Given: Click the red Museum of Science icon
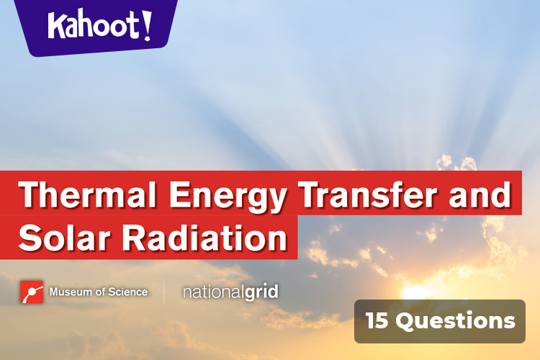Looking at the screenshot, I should pos(32,292).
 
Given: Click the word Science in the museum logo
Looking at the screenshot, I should pos(130,292).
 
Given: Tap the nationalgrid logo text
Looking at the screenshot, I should pos(230,292).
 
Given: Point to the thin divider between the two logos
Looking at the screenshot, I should pos(165,292).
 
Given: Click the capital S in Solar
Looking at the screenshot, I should pos(30,238).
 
